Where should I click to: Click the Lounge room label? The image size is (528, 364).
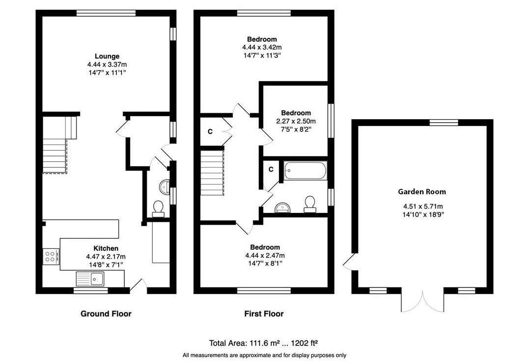107,56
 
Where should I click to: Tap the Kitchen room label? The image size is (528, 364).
106,248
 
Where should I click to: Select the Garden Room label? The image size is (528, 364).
422,192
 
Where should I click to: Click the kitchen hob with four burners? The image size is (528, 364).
51,257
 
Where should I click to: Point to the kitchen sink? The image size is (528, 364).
90,279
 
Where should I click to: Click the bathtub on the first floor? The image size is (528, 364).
305,171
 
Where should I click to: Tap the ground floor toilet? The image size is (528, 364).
158,208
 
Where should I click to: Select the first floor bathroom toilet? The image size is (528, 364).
310,204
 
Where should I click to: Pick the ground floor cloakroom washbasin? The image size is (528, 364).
165,187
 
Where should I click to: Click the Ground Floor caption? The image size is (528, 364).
106,314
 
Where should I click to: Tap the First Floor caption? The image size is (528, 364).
264,314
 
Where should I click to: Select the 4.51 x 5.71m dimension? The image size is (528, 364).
423,207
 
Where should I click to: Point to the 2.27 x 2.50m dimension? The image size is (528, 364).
296,121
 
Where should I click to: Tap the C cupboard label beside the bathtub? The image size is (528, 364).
271,170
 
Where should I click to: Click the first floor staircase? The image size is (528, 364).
212,173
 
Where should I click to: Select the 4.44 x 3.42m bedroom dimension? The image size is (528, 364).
262,48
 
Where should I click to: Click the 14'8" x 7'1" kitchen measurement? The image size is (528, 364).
106,265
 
